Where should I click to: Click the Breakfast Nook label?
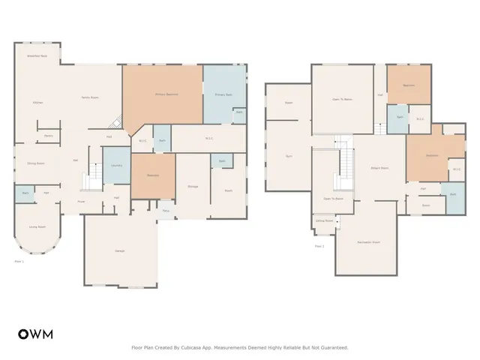pos(37,56)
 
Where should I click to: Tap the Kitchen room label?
pos(37,102)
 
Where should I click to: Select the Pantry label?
pos(48,136)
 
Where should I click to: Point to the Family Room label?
pos(91,98)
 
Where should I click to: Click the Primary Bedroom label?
pos(166,94)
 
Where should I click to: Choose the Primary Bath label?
pos(224,95)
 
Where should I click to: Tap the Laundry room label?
pos(116,166)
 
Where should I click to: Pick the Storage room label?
pos(193,185)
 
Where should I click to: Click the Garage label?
pos(120,250)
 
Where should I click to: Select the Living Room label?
pos(37,226)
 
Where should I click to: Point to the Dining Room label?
pos(36,163)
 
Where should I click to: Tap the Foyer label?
pos(81,202)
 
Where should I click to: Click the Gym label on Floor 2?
pos(289,156)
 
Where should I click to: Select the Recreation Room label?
pos(365,242)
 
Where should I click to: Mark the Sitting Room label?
pos(324,221)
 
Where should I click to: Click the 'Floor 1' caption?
pos(20,261)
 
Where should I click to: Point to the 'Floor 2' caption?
pos(319,246)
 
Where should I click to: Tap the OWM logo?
pos(35,334)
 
